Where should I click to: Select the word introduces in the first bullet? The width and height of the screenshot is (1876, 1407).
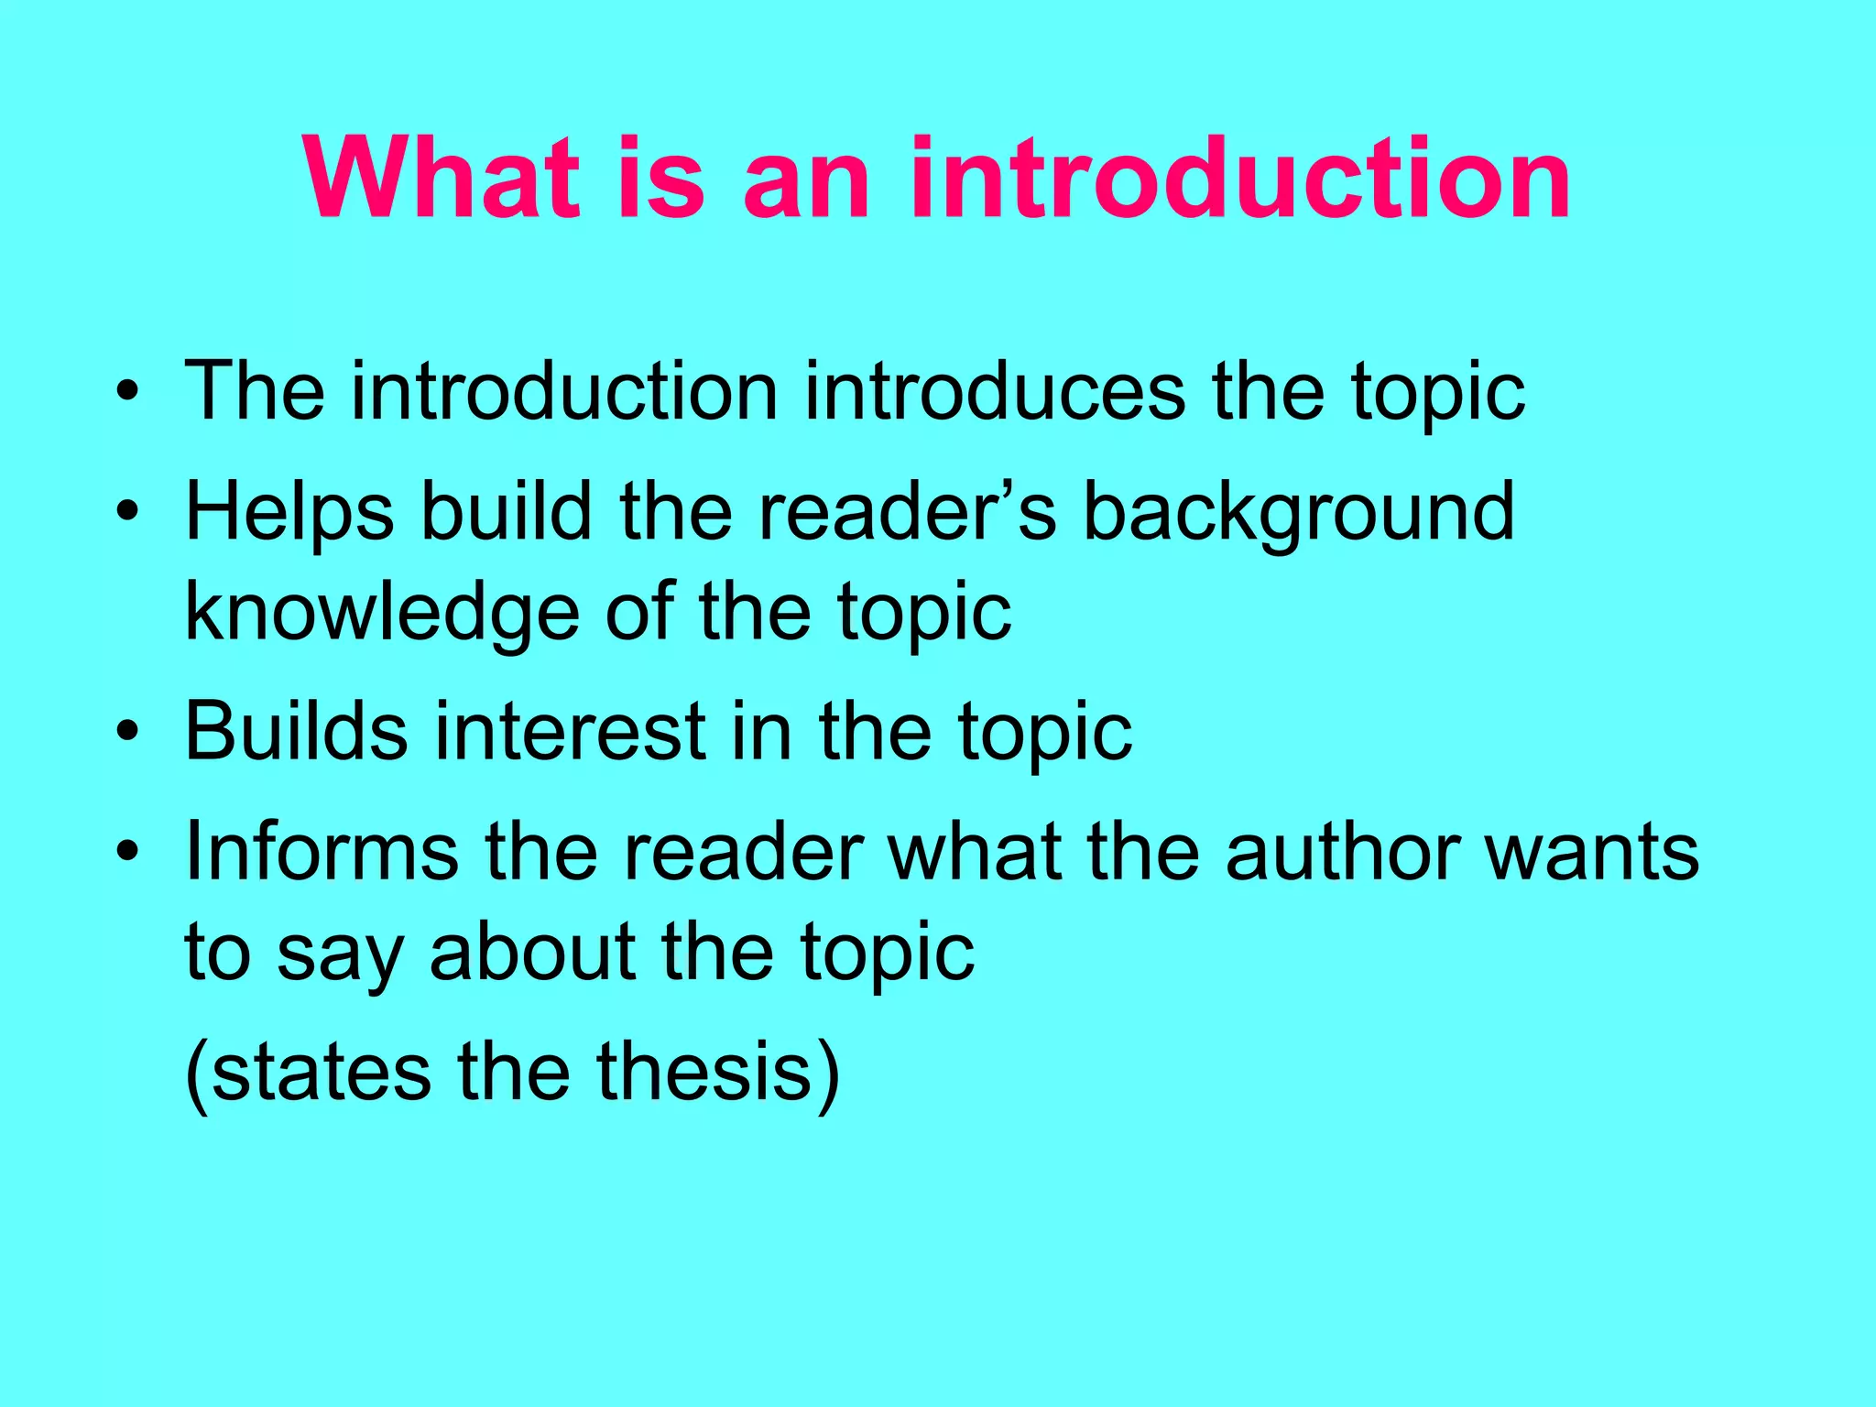995,392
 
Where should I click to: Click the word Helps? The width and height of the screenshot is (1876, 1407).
289,513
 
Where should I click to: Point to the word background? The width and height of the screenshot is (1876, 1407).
1299,513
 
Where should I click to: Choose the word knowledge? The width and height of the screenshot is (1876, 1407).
382,614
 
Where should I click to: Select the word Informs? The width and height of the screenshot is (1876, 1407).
321,852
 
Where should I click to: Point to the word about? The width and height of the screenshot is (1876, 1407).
532,953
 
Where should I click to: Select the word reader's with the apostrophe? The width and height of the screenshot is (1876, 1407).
908,513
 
